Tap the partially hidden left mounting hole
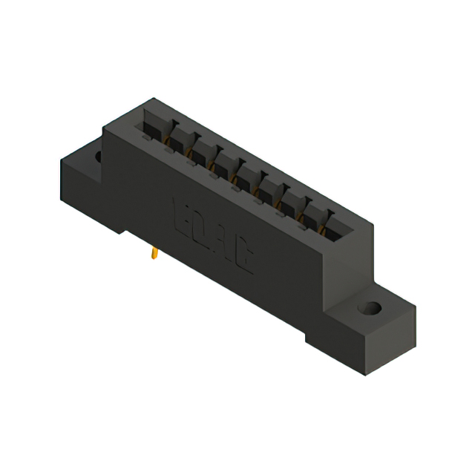tap(97, 157)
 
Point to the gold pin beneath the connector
tap(153, 255)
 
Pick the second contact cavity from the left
tap(178, 140)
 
